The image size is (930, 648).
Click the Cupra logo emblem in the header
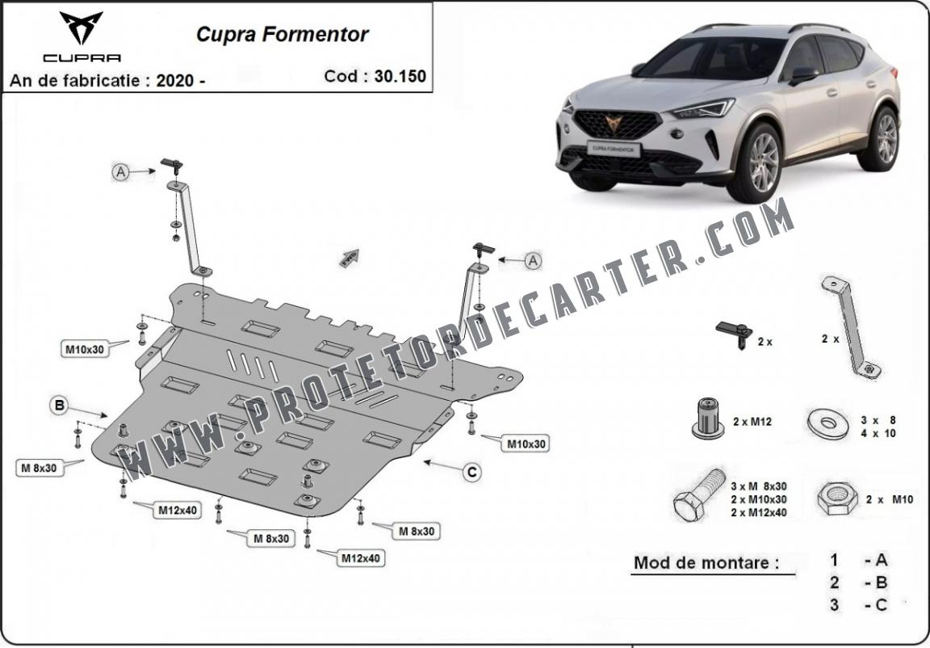[82, 27]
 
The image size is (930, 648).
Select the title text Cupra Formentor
[283, 35]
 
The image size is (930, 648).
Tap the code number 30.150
[400, 76]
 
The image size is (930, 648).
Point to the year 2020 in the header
[175, 80]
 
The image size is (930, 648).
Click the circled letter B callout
[59, 406]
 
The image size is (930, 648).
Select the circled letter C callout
[472, 473]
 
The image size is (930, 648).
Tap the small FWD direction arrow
[350, 258]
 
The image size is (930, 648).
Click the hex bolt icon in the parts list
[699, 495]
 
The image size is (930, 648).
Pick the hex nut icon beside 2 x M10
[837, 499]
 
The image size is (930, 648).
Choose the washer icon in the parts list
[828, 423]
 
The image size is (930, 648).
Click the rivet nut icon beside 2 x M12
[707, 419]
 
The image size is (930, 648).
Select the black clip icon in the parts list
[735, 334]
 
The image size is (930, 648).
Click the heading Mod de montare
[706, 562]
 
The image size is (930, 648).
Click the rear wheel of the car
[881, 139]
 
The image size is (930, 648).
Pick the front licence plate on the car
[614, 149]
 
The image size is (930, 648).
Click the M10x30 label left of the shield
[85, 350]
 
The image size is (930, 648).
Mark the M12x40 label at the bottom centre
[361, 558]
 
